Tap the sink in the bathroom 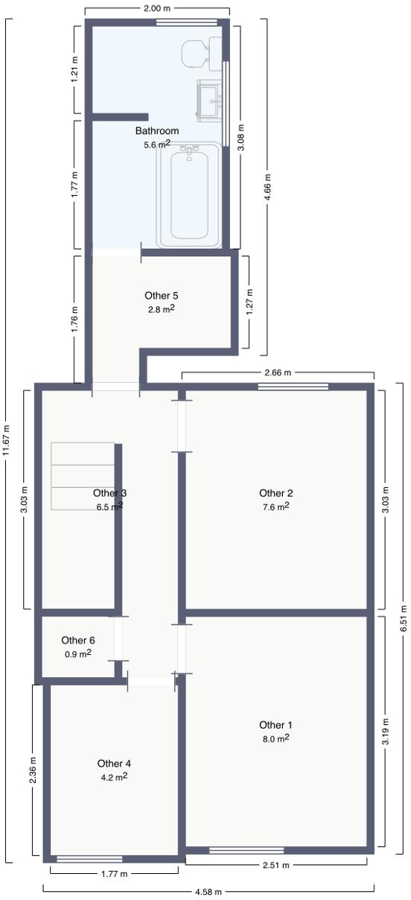(x=210, y=100)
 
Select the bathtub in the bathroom (x=189, y=195)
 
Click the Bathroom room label (x=157, y=131)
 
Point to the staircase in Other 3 (x=82, y=476)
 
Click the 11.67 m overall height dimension (x=7, y=440)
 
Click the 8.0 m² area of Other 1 (x=276, y=738)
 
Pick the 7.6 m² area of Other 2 (x=276, y=507)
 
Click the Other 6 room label (x=78, y=640)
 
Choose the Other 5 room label (x=162, y=296)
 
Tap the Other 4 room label (x=114, y=763)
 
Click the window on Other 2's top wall (x=293, y=387)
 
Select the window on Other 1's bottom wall (x=246, y=850)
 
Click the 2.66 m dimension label (x=276, y=372)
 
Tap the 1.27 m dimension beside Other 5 (x=249, y=304)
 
